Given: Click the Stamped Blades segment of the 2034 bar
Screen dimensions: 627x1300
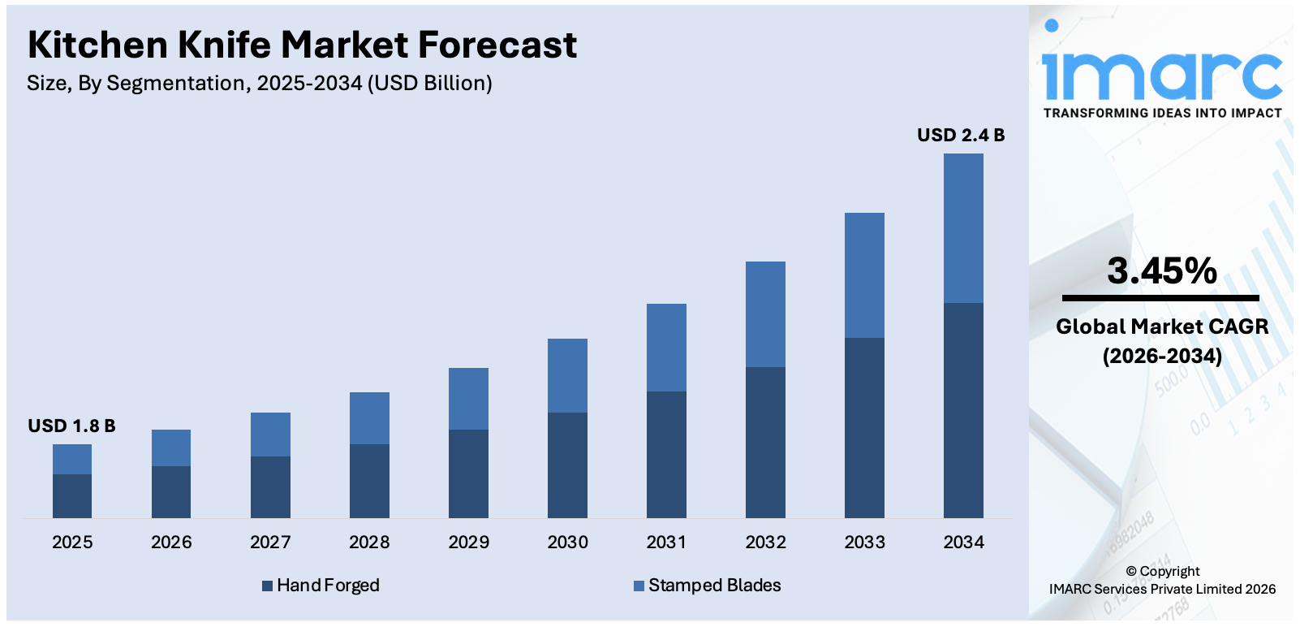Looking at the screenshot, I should point(963,228).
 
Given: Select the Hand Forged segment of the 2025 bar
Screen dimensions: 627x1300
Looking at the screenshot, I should point(72,495).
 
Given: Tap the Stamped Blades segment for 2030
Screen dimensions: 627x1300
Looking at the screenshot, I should point(567,375).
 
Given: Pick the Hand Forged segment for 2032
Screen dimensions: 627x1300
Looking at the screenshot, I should point(765,442).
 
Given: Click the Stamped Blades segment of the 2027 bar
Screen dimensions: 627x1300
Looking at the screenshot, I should point(270,435).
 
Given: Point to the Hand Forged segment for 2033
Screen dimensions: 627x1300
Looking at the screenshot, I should point(864,427).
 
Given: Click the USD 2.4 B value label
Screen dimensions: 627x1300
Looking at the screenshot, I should point(961,136).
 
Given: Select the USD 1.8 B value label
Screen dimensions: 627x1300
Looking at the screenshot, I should point(71,426).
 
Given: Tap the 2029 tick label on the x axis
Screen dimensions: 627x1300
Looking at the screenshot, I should point(468,542).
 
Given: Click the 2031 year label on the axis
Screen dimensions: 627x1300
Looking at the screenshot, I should point(666,542).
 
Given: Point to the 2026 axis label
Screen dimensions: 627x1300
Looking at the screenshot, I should point(171,542).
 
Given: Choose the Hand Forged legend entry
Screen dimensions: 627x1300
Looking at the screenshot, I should point(321,586).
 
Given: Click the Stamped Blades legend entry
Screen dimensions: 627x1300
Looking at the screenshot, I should point(707,586).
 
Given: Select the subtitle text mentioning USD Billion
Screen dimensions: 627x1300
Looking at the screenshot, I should point(260,84).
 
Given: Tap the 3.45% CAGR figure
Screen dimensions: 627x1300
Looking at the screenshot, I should point(1161,271).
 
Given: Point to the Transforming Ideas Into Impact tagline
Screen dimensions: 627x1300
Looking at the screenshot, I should point(1162,113).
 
